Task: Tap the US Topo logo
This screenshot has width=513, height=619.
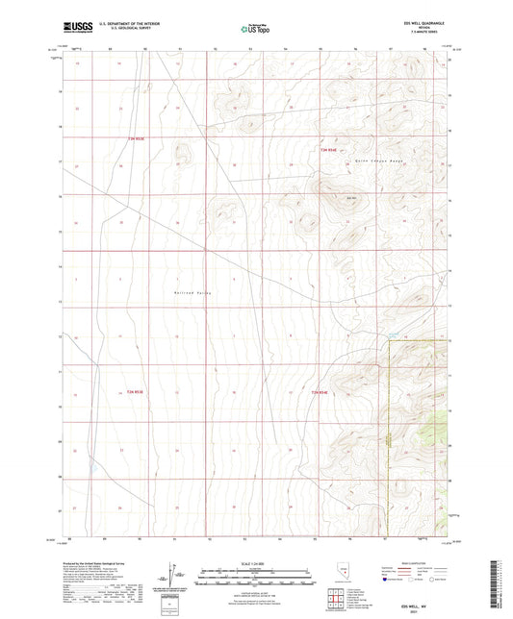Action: pos(254,29)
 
